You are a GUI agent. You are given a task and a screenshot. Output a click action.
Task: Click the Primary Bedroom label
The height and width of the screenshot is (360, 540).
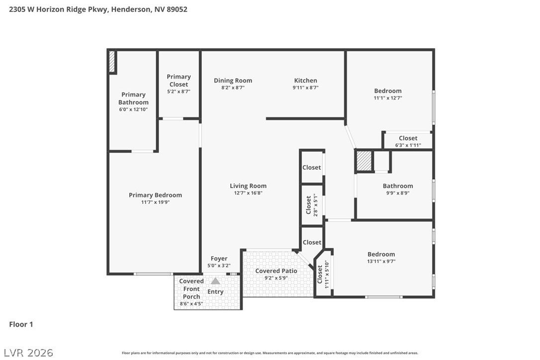pyautogui.click(x=155, y=195)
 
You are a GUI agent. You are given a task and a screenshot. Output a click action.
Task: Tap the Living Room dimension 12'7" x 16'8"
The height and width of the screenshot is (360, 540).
pyautogui.click(x=248, y=193)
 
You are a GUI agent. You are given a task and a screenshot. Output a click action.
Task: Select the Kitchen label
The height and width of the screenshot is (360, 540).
pyautogui.click(x=305, y=80)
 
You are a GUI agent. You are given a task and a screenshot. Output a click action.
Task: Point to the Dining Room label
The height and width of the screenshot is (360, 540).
pyautogui.click(x=233, y=81)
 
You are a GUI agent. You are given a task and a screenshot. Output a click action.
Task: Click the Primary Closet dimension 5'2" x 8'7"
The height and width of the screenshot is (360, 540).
pyautogui.click(x=179, y=91)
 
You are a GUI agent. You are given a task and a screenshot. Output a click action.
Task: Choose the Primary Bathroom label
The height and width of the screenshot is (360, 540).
pyautogui.click(x=133, y=98)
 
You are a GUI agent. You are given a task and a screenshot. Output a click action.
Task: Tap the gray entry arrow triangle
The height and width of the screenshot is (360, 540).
pyautogui.click(x=215, y=281)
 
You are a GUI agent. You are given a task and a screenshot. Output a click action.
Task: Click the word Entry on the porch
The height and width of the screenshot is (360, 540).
pyautogui.click(x=215, y=292)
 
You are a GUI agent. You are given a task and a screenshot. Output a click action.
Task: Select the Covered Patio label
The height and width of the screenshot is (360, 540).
pyautogui.click(x=276, y=271)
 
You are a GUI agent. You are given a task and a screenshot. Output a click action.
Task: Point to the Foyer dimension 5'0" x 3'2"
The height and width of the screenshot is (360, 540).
pyautogui.click(x=219, y=266)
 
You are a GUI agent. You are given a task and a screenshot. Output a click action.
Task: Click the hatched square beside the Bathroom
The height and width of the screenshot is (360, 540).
pyautogui.click(x=364, y=161)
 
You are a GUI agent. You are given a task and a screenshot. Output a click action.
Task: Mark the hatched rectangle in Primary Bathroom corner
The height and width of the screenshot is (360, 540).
pyautogui.click(x=111, y=62)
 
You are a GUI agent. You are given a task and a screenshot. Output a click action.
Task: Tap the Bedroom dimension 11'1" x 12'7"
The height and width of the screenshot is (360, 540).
pyautogui.click(x=388, y=98)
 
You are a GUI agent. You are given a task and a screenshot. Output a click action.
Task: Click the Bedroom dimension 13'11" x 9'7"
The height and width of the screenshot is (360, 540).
pyautogui.click(x=381, y=262)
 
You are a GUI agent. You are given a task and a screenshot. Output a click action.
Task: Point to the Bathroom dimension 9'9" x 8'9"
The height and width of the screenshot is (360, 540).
pyautogui.click(x=398, y=193)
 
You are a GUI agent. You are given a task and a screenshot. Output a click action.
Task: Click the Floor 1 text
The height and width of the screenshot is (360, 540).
pyautogui.click(x=21, y=324)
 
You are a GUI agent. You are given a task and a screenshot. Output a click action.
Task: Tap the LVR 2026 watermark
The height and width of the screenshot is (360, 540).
pyautogui.click(x=28, y=353)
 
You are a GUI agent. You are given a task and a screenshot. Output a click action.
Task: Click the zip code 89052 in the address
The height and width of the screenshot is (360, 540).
pyautogui.click(x=177, y=9)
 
